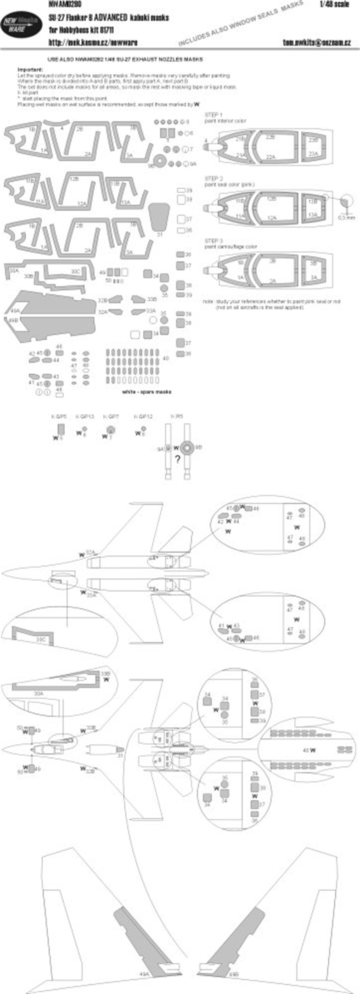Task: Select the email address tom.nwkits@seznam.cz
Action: [x=317, y=42]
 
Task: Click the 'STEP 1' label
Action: [x=214, y=114]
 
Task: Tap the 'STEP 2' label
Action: [x=214, y=178]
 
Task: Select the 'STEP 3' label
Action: [x=214, y=241]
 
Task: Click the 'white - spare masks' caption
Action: [x=147, y=392]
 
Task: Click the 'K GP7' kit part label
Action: [x=111, y=416]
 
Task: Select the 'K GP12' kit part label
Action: [x=143, y=416]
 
